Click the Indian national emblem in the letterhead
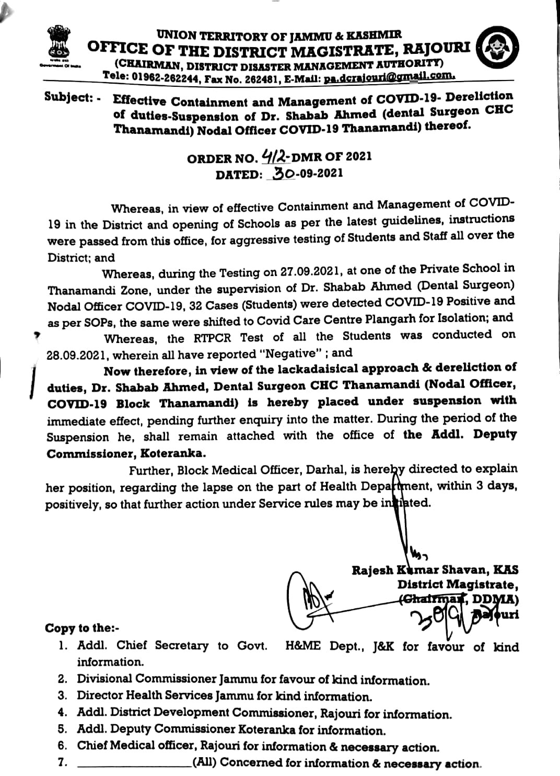56,45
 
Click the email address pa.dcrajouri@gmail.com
390,77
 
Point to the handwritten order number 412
276,156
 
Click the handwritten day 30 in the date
283,173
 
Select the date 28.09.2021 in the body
77,355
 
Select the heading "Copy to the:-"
83,628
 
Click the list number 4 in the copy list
62,713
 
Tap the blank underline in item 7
134,764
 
